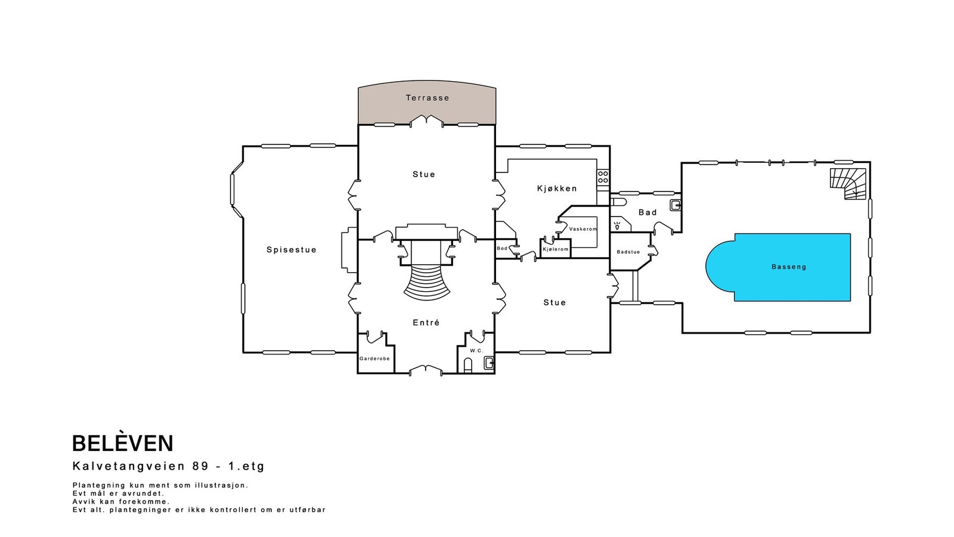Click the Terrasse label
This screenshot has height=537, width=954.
click(x=427, y=98)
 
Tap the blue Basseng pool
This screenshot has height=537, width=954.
click(x=783, y=267)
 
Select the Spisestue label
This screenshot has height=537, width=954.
click(x=292, y=250)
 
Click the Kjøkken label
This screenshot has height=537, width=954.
click(x=557, y=189)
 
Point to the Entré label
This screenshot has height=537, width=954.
click(x=426, y=323)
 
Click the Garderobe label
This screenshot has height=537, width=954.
click(x=374, y=359)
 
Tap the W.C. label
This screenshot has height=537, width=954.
click(x=476, y=351)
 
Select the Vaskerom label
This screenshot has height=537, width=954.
click(x=583, y=229)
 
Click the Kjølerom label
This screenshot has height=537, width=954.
click(x=555, y=249)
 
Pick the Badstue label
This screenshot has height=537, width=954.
click(x=628, y=252)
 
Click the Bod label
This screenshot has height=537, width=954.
click(x=502, y=248)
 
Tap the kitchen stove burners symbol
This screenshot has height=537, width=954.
click(x=603, y=177)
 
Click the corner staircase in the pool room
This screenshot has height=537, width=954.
click(x=848, y=184)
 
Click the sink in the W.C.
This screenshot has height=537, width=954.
click(x=489, y=363)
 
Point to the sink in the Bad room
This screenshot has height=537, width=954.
click(x=676, y=205)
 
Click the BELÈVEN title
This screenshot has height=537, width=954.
click(x=123, y=443)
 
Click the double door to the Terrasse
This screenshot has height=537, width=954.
click(x=426, y=121)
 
